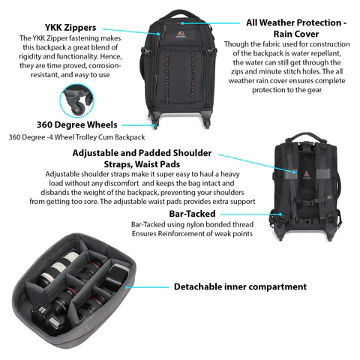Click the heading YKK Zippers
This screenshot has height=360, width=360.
click(70, 28)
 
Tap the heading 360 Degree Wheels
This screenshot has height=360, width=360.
click(77, 124)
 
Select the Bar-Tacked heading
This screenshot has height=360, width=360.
click(192, 214)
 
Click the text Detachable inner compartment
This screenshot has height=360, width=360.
click(240, 286)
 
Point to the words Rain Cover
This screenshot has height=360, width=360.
click(296, 34)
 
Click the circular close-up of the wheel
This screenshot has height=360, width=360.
click(76, 100)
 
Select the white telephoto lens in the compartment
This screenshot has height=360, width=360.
click(58, 268)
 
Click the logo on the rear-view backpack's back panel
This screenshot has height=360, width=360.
click(307, 175)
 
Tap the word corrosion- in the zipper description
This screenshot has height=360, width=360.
click(105, 65)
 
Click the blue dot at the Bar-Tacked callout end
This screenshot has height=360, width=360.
click(280, 214)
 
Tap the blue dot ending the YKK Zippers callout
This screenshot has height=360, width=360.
click(158, 34)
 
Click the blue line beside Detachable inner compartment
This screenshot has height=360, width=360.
click(148, 287)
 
